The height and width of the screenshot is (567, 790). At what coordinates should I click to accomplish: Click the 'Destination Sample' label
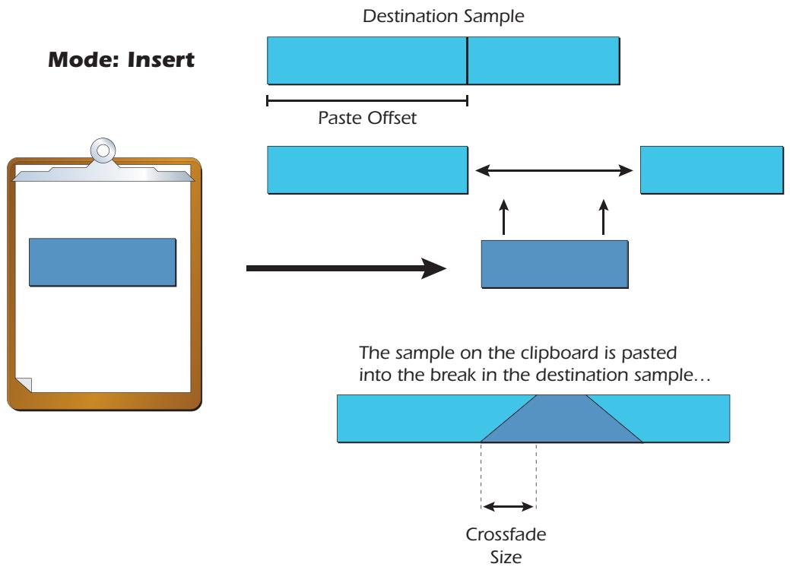pyautogui.click(x=445, y=17)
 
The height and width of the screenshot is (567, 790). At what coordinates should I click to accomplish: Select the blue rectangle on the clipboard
pyautogui.click(x=103, y=261)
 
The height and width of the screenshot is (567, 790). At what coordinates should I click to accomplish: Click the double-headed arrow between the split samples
pyautogui.click(x=554, y=172)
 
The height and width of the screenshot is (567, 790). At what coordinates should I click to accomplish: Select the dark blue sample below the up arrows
pyautogui.click(x=554, y=264)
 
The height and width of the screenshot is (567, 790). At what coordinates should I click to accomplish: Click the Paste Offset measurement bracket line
pyautogui.click(x=366, y=99)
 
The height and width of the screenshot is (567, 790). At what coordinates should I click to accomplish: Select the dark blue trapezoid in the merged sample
pyautogui.click(x=562, y=422)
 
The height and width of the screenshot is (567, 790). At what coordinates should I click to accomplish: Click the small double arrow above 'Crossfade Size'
pyautogui.click(x=509, y=505)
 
